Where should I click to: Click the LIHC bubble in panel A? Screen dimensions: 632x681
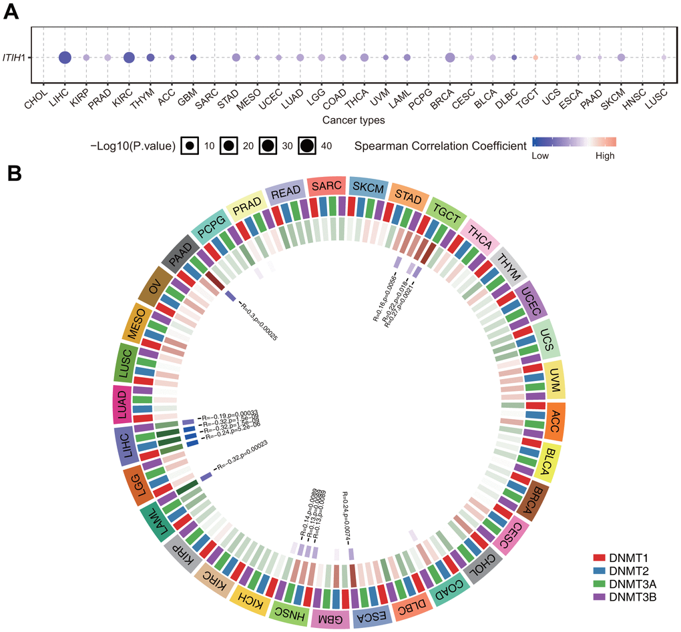[x=65, y=58]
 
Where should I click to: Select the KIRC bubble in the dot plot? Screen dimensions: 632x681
[x=129, y=58]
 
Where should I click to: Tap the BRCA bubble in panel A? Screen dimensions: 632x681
[x=450, y=58]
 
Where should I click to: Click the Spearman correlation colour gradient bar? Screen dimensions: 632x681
[x=574, y=142]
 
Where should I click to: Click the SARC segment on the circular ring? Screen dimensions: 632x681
[x=327, y=188]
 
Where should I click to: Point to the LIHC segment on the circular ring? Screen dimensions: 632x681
[x=125, y=447]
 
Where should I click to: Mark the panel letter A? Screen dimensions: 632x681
[x=11, y=12]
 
